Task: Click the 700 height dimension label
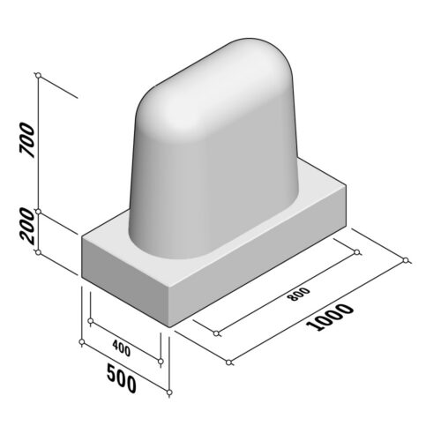(x=26, y=142)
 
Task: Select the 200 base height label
(x=26, y=231)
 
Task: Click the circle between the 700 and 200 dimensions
(x=39, y=212)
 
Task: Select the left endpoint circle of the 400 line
(x=82, y=340)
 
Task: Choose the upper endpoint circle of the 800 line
(x=356, y=252)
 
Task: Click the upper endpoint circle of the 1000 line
(x=406, y=259)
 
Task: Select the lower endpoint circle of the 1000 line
(x=228, y=363)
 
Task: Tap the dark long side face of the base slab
(x=265, y=256)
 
